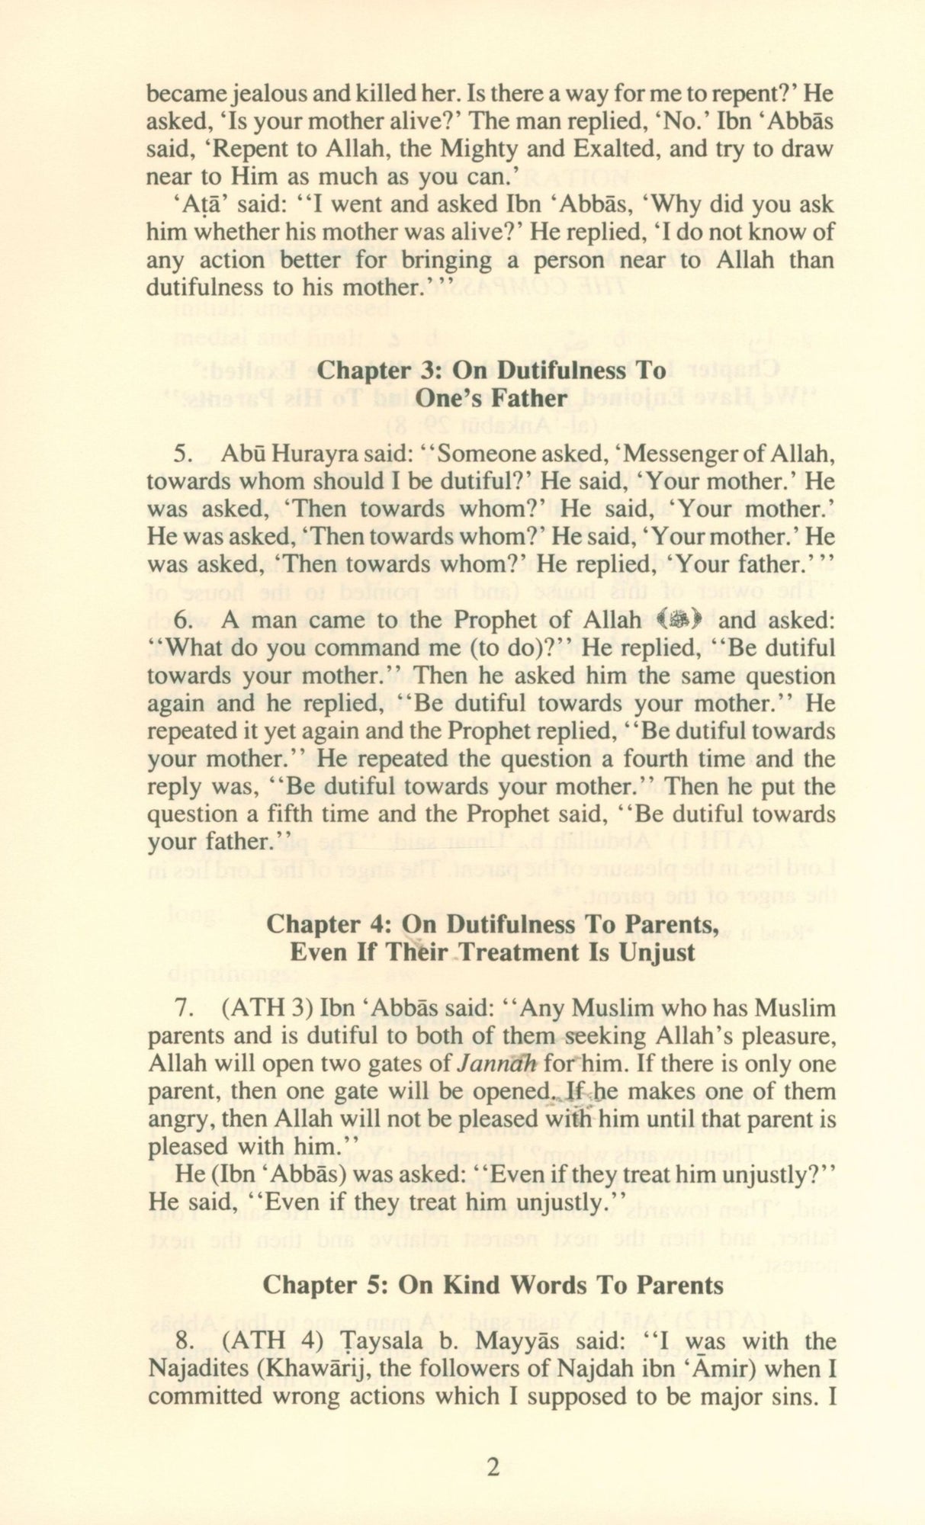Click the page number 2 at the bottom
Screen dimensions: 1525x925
[x=493, y=1466]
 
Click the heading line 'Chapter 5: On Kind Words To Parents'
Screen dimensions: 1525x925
[x=493, y=1285]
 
